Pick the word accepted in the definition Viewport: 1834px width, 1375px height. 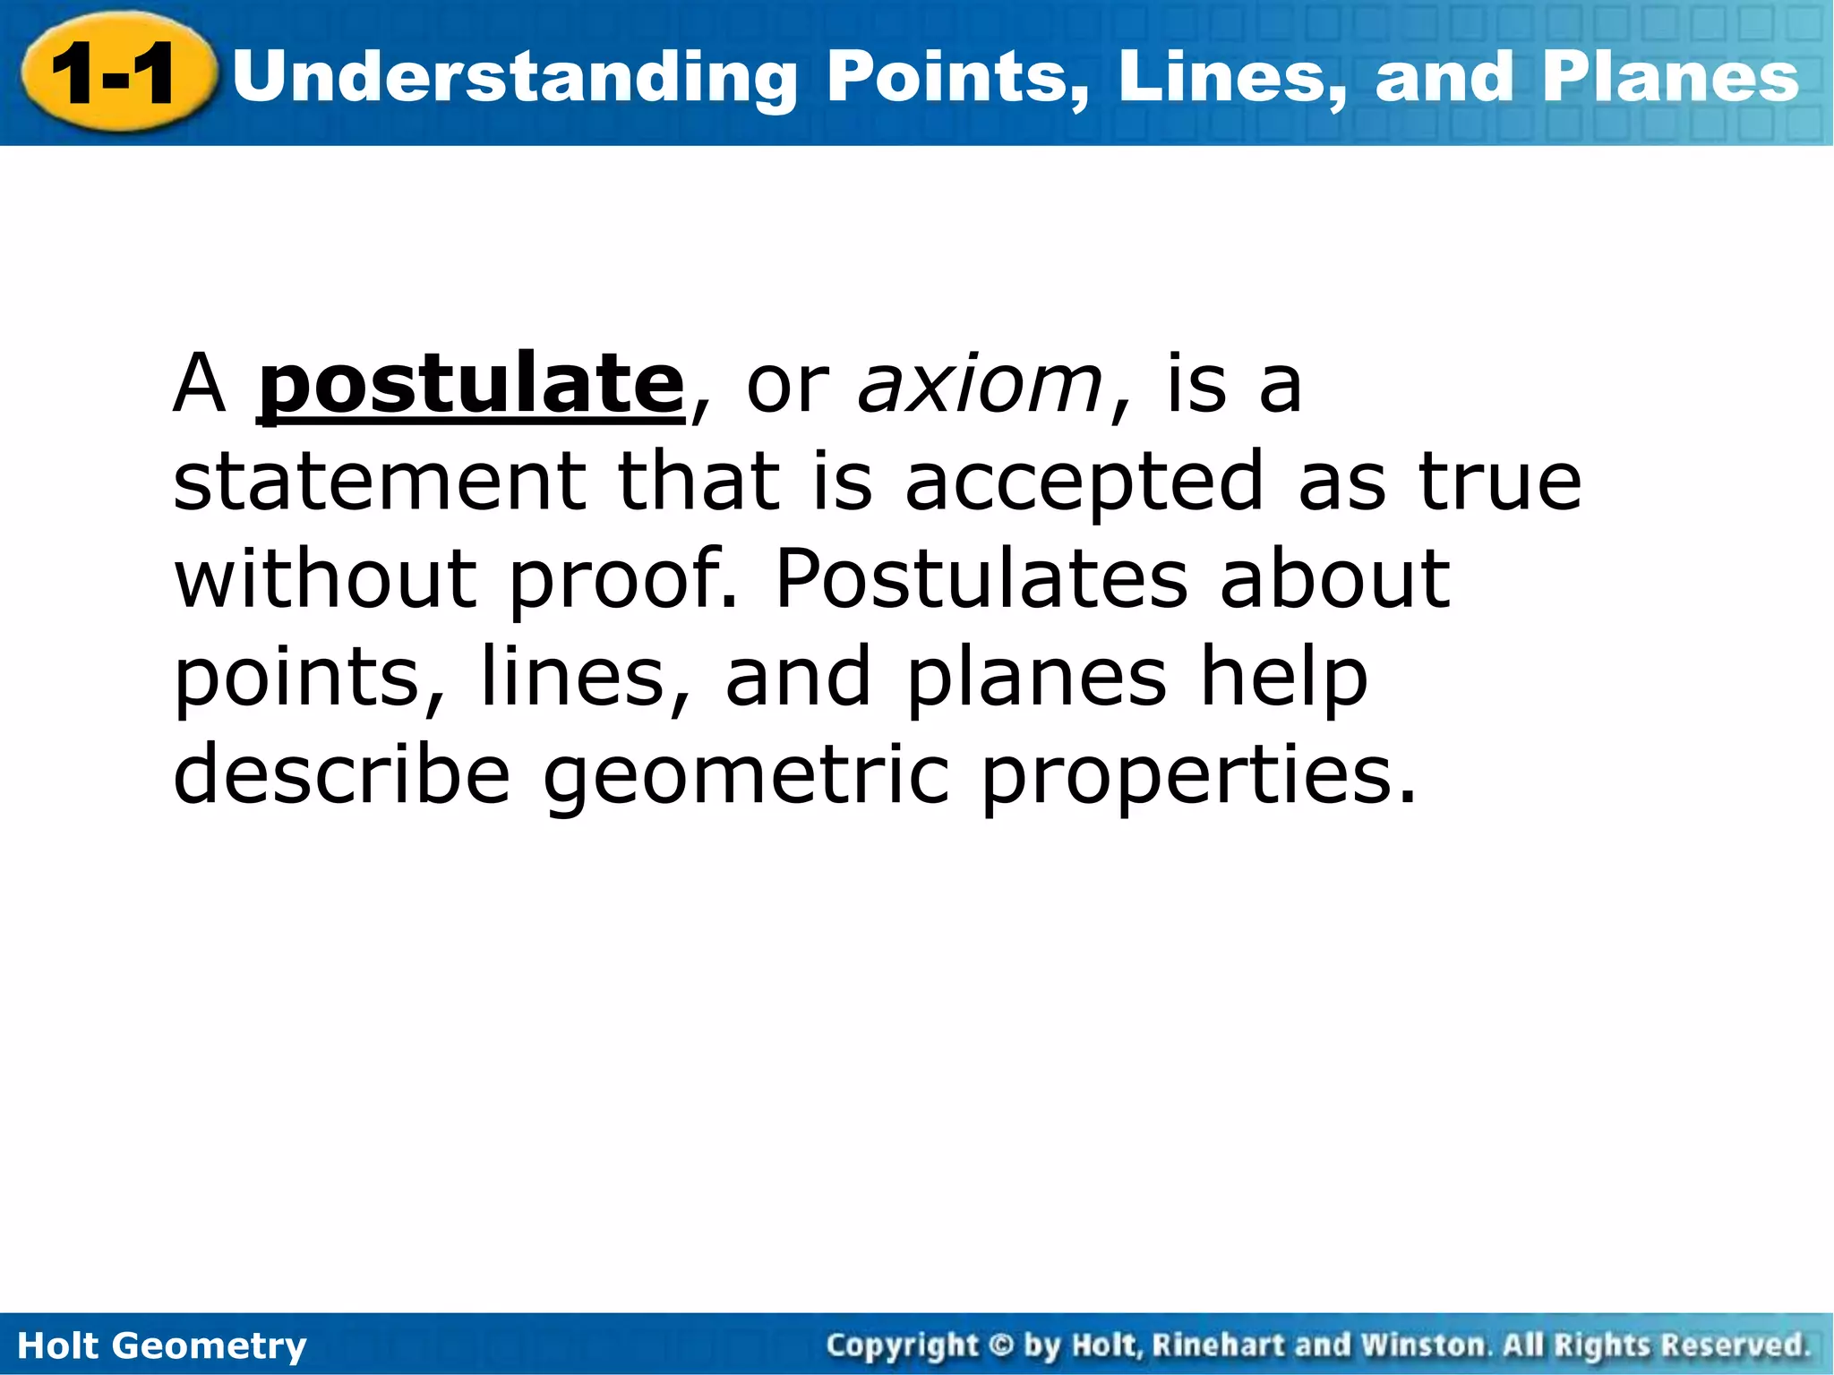click(1084, 483)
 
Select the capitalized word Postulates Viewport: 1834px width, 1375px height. click(981, 579)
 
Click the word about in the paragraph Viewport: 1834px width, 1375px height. click(1334, 579)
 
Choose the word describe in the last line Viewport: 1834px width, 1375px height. click(341, 773)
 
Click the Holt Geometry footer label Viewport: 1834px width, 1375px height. click(162, 1345)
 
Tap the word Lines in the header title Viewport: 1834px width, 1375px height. click(1231, 77)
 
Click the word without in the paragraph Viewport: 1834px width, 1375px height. click(324, 579)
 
